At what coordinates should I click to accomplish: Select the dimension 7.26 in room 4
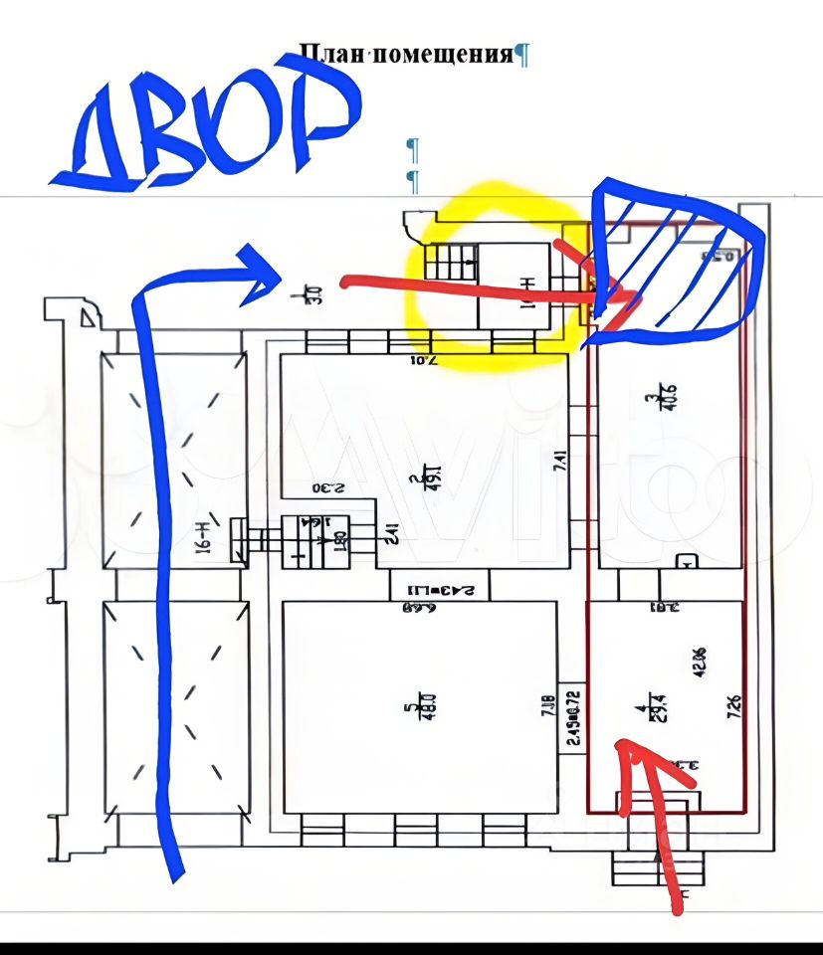click(x=733, y=708)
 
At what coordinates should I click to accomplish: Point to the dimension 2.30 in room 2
click(x=328, y=488)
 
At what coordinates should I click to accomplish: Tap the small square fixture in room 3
click(x=686, y=562)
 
